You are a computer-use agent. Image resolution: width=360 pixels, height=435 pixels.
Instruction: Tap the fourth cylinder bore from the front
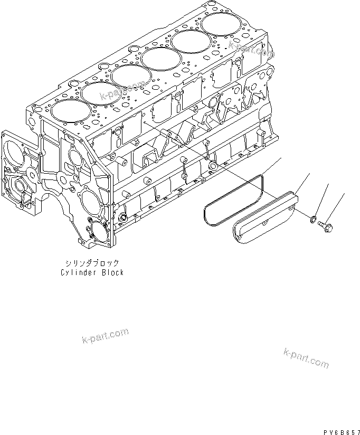pos(160,56)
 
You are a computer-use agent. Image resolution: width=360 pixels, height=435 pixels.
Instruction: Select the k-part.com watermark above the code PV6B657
pos(306,358)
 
